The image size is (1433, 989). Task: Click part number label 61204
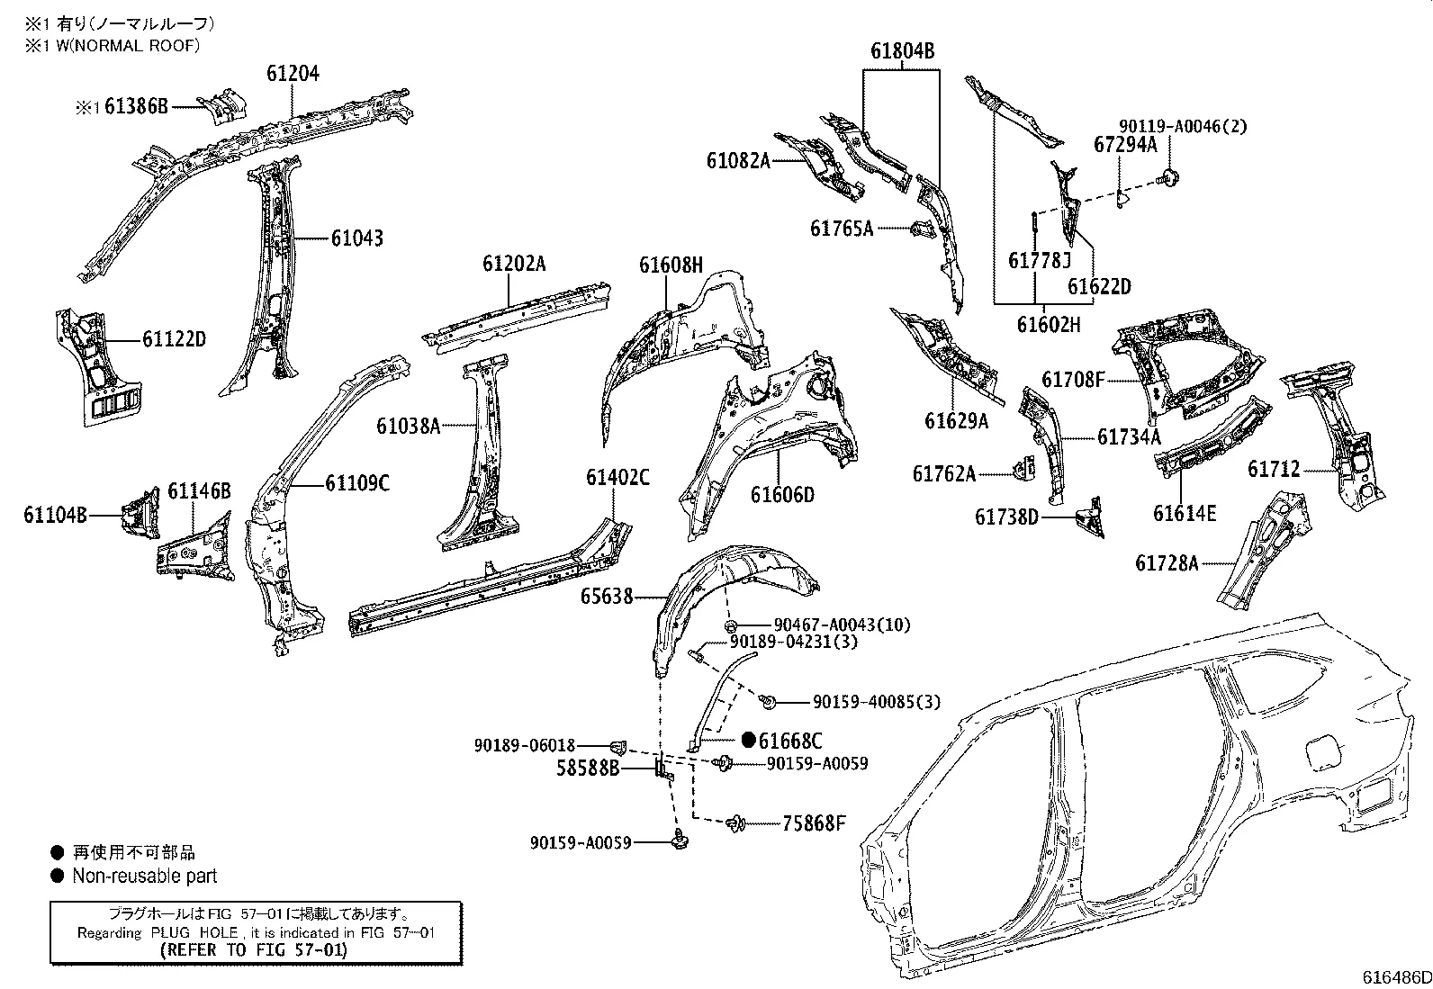coord(293,74)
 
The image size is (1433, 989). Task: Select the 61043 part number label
coord(356,238)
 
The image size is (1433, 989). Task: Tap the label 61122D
coord(174,339)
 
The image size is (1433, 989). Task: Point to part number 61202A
coord(514,264)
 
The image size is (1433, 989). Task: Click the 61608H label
coord(671,265)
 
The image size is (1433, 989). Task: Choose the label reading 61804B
coord(902,52)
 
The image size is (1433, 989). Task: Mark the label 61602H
coord(1049,324)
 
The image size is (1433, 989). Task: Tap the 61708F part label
coord(1073,380)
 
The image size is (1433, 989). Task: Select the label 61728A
coord(1167,563)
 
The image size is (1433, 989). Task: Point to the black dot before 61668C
coord(748,740)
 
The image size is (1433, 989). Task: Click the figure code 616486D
coord(1395,977)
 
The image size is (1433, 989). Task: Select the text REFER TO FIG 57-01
coord(254,949)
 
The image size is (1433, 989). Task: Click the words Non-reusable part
coord(145,876)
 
